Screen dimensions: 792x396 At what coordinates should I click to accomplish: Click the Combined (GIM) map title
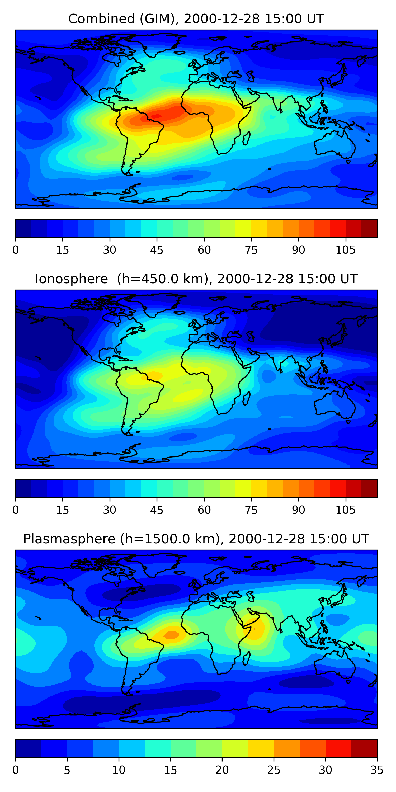click(x=196, y=19)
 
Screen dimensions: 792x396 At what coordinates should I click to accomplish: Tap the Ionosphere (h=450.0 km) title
click(x=196, y=279)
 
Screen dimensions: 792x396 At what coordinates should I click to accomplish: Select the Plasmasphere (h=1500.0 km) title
click(x=196, y=539)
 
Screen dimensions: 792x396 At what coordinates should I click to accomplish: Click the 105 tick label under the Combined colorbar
click(x=345, y=250)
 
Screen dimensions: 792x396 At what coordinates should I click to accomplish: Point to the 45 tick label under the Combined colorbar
click(x=157, y=250)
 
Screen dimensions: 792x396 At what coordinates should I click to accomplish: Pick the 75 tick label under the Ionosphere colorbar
click(x=251, y=510)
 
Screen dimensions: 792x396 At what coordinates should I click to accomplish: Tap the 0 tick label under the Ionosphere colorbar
click(x=16, y=510)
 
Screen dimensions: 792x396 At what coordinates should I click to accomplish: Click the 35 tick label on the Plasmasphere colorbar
click(x=377, y=770)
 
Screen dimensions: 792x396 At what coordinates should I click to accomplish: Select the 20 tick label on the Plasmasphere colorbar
click(x=222, y=770)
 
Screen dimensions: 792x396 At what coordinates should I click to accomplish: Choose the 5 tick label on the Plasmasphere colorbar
click(x=67, y=770)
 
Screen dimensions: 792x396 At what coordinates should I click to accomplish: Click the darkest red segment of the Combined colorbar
click(x=369, y=228)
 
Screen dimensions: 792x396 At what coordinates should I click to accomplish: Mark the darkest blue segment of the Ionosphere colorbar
click(x=23, y=488)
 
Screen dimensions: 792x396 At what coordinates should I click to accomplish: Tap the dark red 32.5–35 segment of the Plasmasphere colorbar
click(x=364, y=748)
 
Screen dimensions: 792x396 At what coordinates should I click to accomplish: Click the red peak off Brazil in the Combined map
click(x=157, y=116)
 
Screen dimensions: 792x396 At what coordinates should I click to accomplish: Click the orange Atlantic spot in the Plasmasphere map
click(x=171, y=634)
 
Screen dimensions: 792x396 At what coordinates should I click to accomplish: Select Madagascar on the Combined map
click(x=246, y=138)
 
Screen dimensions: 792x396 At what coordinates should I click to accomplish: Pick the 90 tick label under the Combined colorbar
click(x=298, y=250)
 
